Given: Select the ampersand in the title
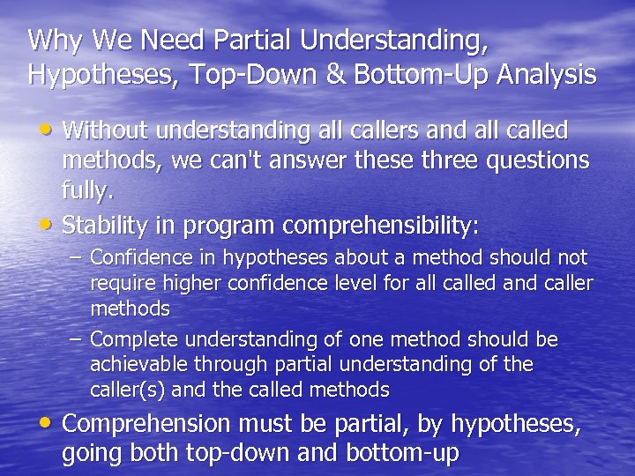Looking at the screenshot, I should [335, 74].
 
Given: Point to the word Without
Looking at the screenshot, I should [105, 131].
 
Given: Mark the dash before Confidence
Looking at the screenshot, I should [76, 258].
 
